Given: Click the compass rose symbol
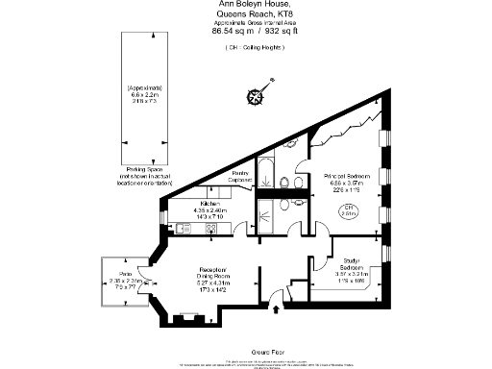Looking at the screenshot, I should pos(258,95).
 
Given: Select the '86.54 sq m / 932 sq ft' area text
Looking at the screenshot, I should pos(246,32).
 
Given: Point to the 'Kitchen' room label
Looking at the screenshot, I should pos(211,204).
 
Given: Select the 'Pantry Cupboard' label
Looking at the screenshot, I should pos(241,176).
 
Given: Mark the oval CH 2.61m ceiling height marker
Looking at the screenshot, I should pos(351,211).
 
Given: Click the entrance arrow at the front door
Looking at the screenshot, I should pos(278,308).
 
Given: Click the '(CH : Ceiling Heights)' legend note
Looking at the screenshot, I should pos(246,46).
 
